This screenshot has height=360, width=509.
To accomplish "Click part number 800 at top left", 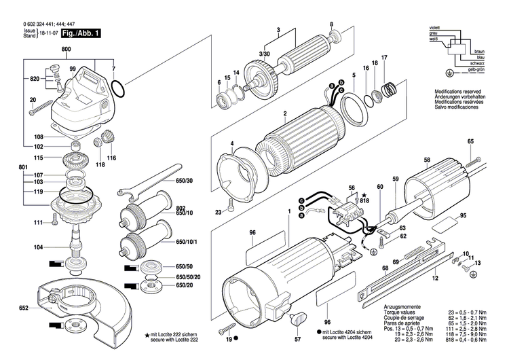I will [66, 50].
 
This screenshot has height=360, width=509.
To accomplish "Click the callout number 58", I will [426, 161].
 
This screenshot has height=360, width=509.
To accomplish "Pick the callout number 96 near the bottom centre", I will [328, 303].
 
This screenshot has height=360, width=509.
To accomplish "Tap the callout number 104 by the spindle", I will [39, 248].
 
